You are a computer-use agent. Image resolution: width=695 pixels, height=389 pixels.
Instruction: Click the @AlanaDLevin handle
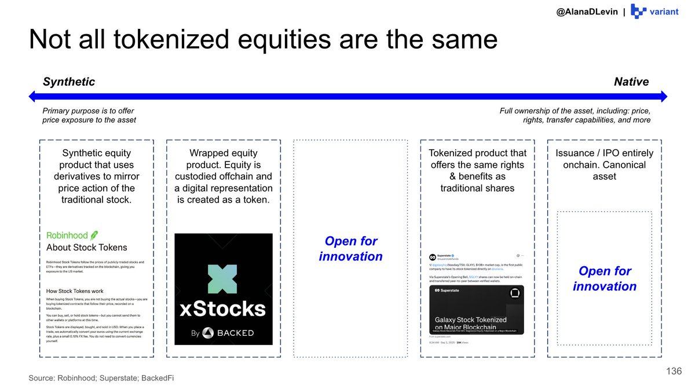587,12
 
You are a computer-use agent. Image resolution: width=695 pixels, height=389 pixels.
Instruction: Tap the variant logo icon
638,12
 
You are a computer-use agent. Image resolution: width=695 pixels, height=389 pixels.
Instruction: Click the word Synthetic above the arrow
69,82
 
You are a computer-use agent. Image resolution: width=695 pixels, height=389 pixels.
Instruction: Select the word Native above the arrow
631,82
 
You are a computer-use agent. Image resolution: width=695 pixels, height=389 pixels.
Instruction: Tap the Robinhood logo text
67,235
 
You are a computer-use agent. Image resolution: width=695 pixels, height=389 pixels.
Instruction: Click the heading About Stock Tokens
86,248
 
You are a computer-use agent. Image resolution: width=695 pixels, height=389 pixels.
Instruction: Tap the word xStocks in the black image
223,308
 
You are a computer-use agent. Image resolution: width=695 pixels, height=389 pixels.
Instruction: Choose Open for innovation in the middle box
350,249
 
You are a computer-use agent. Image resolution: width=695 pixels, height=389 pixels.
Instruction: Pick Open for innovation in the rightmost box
605,278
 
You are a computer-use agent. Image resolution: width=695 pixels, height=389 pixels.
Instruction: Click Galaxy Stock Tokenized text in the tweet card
470,320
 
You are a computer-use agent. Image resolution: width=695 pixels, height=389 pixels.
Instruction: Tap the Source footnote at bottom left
101,378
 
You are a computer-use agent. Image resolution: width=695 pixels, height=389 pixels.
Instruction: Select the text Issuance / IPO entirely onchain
604,159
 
